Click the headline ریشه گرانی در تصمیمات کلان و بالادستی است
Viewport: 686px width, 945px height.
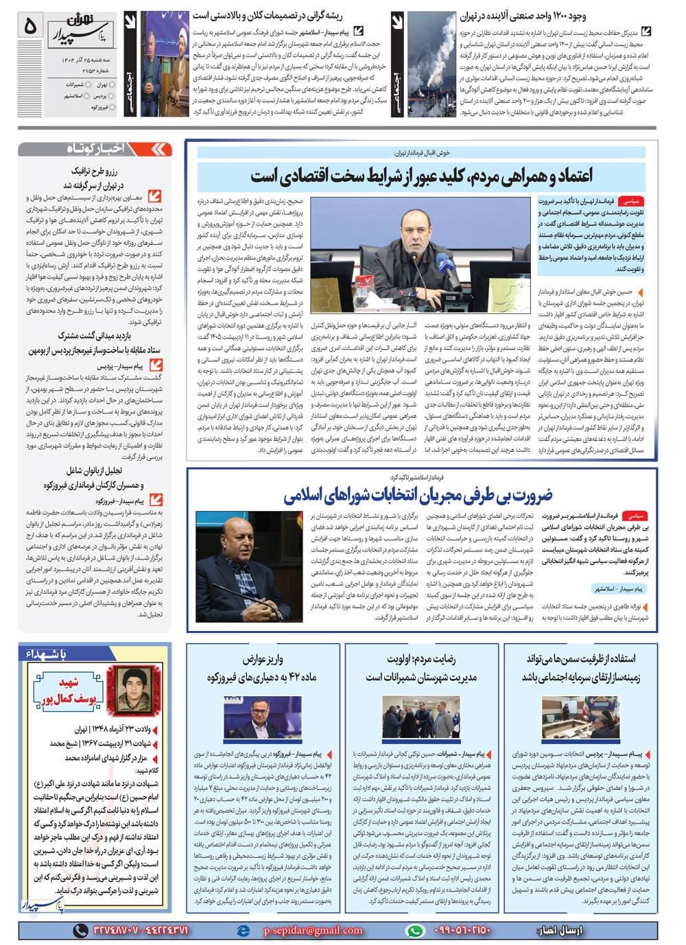point(267,15)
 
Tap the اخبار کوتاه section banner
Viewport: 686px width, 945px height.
point(96,149)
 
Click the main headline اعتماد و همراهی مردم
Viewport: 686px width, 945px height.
point(421,176)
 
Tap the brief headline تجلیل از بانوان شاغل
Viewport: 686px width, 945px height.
point(94,471)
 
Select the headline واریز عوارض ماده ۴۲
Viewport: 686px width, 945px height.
point(263,668)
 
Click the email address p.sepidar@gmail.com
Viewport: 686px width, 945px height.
point(312,931)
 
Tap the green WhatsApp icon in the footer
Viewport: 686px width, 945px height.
point(415,931)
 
